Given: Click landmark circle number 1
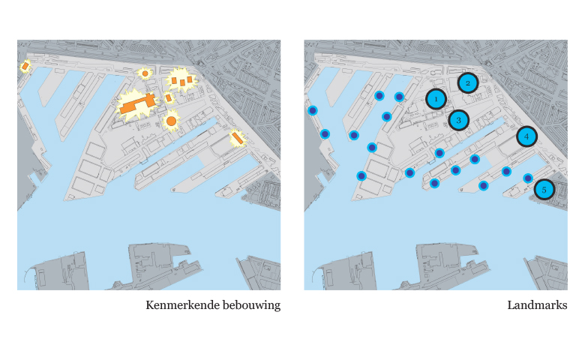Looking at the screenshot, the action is (x=436, y=99).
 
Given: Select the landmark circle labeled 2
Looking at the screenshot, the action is (x=468, y=83).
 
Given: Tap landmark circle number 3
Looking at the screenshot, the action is (x=458, y=120).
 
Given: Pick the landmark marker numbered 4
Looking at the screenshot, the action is (x=526, y=136).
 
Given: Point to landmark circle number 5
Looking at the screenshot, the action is (x=544, y=190).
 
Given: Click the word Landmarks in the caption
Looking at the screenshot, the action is (x=537, y=305).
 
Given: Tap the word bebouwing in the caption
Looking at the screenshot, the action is (x=251, y=306).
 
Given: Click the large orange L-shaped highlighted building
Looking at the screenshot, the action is (x=137, y=104).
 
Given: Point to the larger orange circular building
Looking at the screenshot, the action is (x=171, y=121).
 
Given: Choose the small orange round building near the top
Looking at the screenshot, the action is (x=145, y=73).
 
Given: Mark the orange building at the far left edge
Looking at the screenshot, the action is (x=25, y=67).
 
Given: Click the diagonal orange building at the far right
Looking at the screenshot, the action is (x=237, y=138).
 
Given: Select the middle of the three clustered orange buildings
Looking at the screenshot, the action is (x=182, y=82).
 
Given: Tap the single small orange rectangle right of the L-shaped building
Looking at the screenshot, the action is (x=168, y=97).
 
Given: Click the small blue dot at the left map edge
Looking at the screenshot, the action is (x=313, y=110).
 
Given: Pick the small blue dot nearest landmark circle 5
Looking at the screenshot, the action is (x=528, y=178).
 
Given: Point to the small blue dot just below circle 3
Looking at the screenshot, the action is (x=439, y=153).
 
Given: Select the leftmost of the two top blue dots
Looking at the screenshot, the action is (x=379, y=96).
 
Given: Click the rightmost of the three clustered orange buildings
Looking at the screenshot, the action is (x=190, y=79).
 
